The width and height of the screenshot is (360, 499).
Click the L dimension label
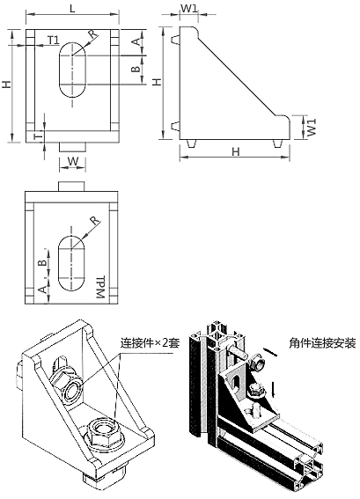click(72, 8)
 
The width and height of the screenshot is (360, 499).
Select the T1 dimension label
click(54, 40)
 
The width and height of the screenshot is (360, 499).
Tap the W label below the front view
click(73, 161)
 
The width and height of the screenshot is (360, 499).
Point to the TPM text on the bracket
click(100, 287)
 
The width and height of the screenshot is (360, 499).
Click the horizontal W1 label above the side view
click(189, 9)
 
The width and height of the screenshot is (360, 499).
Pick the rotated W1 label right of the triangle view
click(312, 128)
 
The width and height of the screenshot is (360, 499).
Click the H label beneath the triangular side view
click(235, 151)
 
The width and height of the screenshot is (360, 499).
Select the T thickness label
click(38, 136)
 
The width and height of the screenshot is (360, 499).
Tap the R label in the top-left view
click(92, 34)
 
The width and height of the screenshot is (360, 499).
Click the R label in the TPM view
click(94, 221)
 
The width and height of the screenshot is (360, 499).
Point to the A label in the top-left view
click(136, 41)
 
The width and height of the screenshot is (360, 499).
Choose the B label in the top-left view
click(136, 69)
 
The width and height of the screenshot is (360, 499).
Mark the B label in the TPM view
click(41, 263)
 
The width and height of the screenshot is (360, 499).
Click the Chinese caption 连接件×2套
click(150, 343)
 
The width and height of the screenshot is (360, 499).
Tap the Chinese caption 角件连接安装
click(322, 343)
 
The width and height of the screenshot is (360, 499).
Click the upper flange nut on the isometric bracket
click(67, 387)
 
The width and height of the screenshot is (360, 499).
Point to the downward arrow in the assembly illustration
click(273, 390)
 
